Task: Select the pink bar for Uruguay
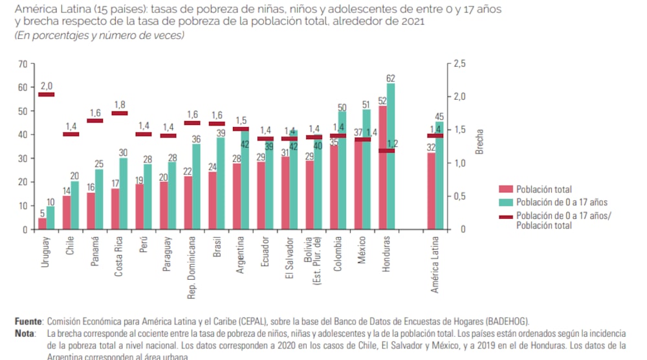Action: point(42,223)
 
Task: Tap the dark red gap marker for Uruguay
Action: point(46,95)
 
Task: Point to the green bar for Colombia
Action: point(342,172)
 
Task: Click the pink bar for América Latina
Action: point(431,191)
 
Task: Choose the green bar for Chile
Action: point(74,205)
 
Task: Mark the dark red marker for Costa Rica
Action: point(120,113)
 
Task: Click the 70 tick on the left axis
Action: point(23,63)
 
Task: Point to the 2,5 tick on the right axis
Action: point(459,63)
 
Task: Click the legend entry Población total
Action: point(543,190)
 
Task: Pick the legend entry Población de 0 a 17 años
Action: point(561,203)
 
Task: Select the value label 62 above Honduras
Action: point(390,78)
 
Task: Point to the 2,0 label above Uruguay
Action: point(47,85)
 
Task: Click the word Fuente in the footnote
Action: point(28,321)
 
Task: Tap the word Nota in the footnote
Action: point(25,333)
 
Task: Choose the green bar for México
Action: point(366,170)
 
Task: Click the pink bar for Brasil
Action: point(212,201)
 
